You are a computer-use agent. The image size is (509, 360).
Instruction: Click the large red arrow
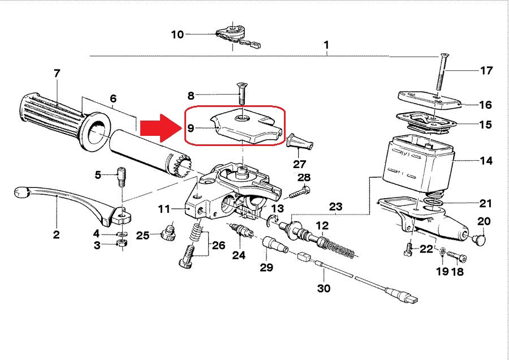point(160,128)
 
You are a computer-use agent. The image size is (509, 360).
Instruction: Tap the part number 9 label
point(191,127)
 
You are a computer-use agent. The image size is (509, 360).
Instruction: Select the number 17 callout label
point(486,71)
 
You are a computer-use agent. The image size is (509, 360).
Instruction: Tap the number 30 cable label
point(323,288)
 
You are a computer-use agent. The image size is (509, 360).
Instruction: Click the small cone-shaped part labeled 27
point(300,142)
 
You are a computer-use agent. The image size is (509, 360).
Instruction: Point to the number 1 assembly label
point(326,44)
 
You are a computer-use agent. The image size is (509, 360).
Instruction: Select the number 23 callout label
point(336,207)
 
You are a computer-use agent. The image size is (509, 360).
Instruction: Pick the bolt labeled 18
point(459,258)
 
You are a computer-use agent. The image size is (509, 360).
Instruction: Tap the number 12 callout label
point(321,225)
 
